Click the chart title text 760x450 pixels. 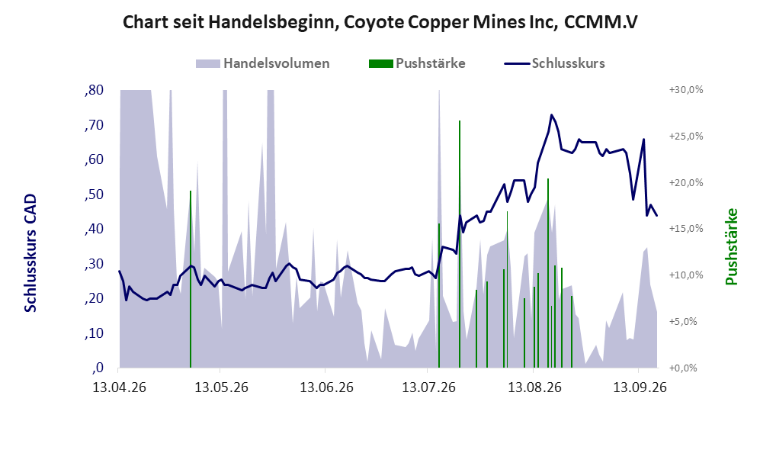380,22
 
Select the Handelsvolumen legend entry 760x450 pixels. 263,63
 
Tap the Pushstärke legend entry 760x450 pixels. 417,63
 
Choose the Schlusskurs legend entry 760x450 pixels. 554,63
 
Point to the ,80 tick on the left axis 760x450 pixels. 94,90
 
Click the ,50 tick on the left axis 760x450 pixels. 94,194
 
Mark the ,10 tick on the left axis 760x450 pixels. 94,333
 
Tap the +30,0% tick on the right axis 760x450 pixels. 686,90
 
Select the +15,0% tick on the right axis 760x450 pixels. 686,228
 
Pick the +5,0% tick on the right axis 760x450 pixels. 684,322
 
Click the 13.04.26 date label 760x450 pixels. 119,387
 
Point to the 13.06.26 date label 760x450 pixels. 327,387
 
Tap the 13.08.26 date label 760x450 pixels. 534,387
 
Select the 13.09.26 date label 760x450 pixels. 640,387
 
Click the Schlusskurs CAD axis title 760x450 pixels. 30,252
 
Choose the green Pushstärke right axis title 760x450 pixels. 731,246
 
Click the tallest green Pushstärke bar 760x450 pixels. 460,244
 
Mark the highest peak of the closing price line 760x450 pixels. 551,115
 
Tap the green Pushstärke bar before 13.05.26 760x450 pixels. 191,279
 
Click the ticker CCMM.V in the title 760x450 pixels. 601,22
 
